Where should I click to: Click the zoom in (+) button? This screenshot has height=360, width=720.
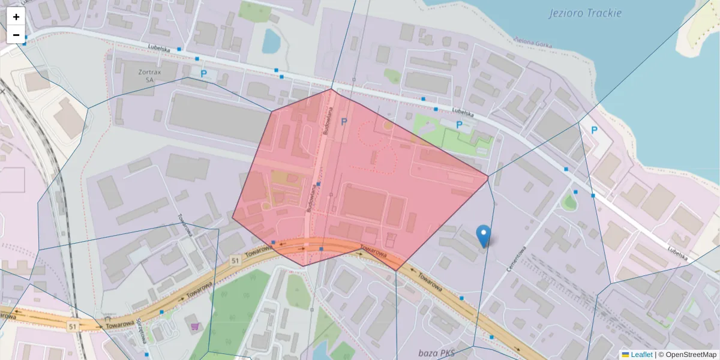(16, 17)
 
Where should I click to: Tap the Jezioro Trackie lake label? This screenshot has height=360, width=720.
(585, 13)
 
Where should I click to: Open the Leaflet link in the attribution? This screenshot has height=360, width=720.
(641, 355)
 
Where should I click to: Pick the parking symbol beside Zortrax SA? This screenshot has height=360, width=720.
(203, 74)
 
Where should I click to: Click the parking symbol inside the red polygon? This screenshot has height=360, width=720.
(344, 122)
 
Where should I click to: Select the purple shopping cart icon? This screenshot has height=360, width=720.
(195, 326)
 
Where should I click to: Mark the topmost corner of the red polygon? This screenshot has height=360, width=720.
(332, 89)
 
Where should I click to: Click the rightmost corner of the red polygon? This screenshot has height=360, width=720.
(488, 176)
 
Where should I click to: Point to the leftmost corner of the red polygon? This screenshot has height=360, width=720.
(233, 217)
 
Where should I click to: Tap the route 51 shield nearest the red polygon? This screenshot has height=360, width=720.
(234, 260)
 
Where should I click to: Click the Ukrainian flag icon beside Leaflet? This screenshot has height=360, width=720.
(626, 355)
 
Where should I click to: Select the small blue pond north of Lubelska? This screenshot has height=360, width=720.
(271, 41)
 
